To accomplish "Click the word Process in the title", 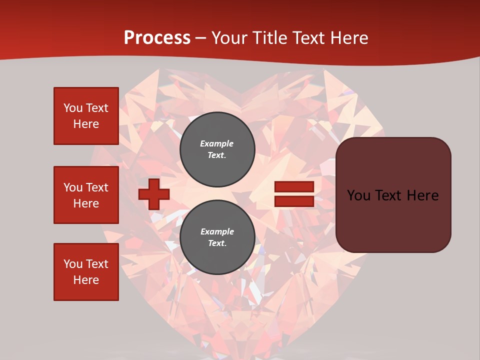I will coord(157,38).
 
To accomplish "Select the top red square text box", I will coord(86,116).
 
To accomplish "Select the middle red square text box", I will coord(86,195).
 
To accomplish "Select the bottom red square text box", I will coord(86,272).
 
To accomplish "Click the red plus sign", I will coord(153,194).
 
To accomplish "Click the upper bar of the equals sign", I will coord(294,186).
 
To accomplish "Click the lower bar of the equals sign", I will coord(294,201).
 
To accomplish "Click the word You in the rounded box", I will coord(358,195).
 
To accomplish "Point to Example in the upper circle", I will coord(217,143).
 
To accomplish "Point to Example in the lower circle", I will coord(217,231).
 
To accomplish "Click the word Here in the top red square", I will coord(86,124).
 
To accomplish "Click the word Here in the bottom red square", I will coord(86,280).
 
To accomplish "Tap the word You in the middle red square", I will coord(73,187).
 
